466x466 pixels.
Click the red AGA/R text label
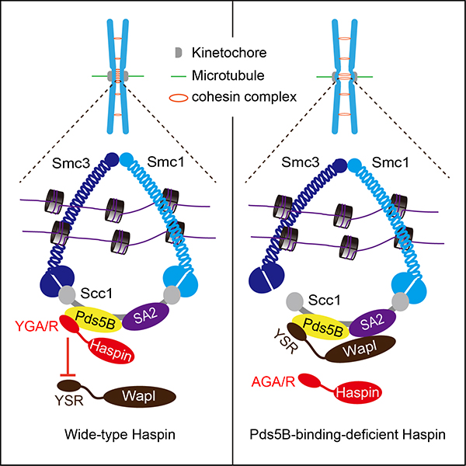point(273,382)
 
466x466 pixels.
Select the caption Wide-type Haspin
point(116,442)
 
